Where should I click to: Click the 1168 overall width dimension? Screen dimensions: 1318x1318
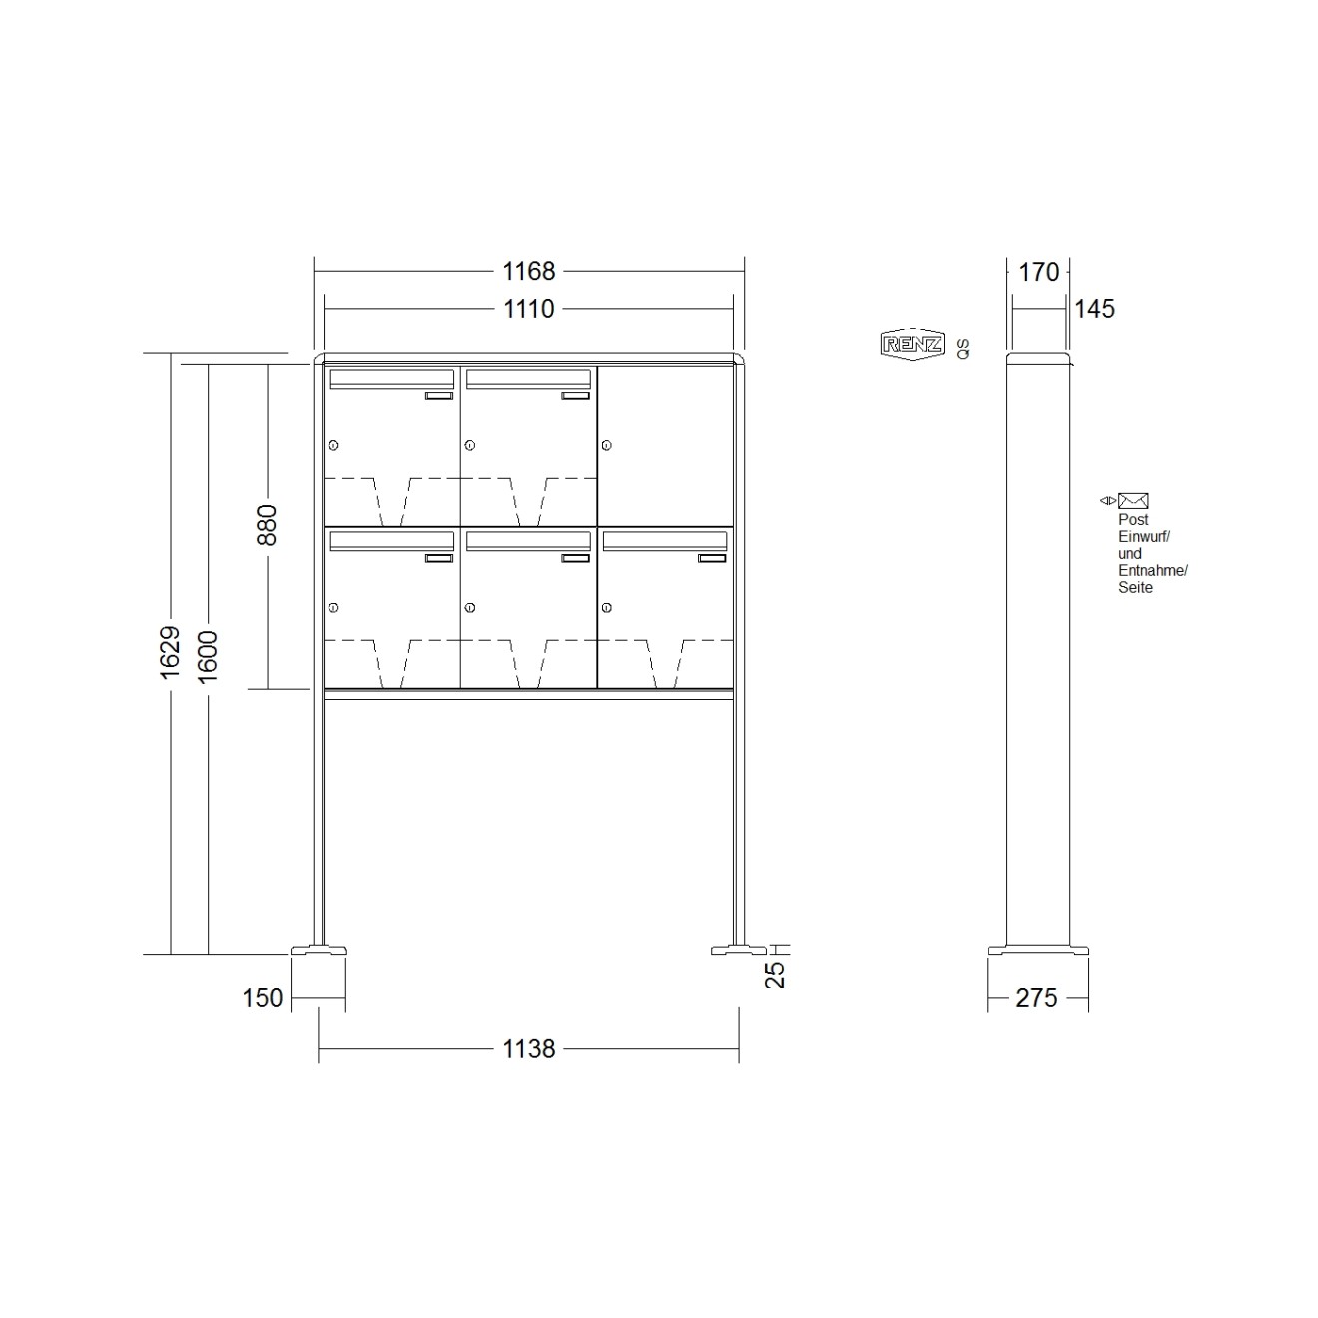528,271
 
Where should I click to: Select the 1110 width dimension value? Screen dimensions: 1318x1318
528,309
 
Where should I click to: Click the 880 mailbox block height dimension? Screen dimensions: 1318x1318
267,525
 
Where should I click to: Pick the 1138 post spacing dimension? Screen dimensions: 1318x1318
528,1048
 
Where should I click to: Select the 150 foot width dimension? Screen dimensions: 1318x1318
262,997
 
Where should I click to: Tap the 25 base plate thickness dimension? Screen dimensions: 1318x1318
776,974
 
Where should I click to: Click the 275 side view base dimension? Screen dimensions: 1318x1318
1036,997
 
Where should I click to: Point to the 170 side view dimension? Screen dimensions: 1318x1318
1038,271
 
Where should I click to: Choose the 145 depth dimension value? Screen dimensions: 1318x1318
1094,309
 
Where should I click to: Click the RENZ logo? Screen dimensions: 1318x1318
912,345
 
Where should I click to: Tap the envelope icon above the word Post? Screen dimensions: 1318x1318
1133,501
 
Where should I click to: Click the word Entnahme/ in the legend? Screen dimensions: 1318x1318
1152,571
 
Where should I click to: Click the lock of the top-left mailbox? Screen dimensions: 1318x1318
333,445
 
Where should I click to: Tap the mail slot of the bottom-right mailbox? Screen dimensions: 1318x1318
665,541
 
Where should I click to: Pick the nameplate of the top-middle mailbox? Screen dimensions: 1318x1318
575,396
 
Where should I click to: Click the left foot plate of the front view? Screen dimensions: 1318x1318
319,950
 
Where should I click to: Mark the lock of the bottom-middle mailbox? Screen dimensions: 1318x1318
470,607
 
